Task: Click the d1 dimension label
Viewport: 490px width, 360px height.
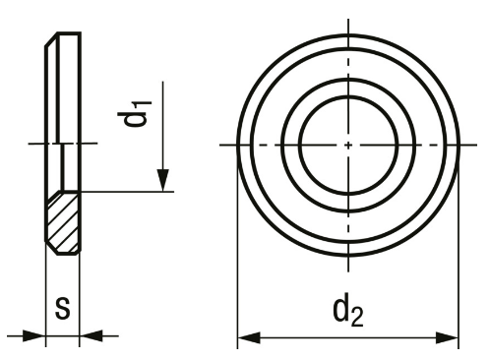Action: [x=135, y=114]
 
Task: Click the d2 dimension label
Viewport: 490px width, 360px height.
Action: [x=348, y=313]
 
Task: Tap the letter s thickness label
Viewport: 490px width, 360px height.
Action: [x=63, y=309]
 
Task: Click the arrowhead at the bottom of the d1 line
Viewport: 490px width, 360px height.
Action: [x=162, y=180]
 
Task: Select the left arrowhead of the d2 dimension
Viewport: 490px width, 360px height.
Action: [x=249, y=337]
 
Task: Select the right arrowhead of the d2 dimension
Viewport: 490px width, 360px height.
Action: [x=447, y=337]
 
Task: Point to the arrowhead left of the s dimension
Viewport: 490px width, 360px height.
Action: [x=33, y=335]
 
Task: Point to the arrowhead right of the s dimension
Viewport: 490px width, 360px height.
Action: [x=91, y=335]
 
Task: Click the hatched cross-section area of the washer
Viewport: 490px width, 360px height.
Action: [x=63, y=223]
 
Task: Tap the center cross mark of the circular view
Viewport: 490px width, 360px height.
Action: [x=348, y=145]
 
